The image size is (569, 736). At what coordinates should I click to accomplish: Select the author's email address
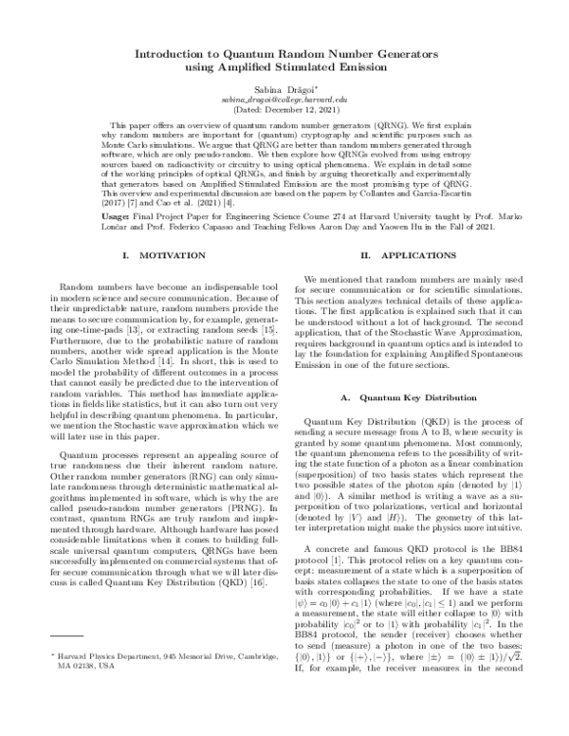pyautogui.click(x=284, y=99)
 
